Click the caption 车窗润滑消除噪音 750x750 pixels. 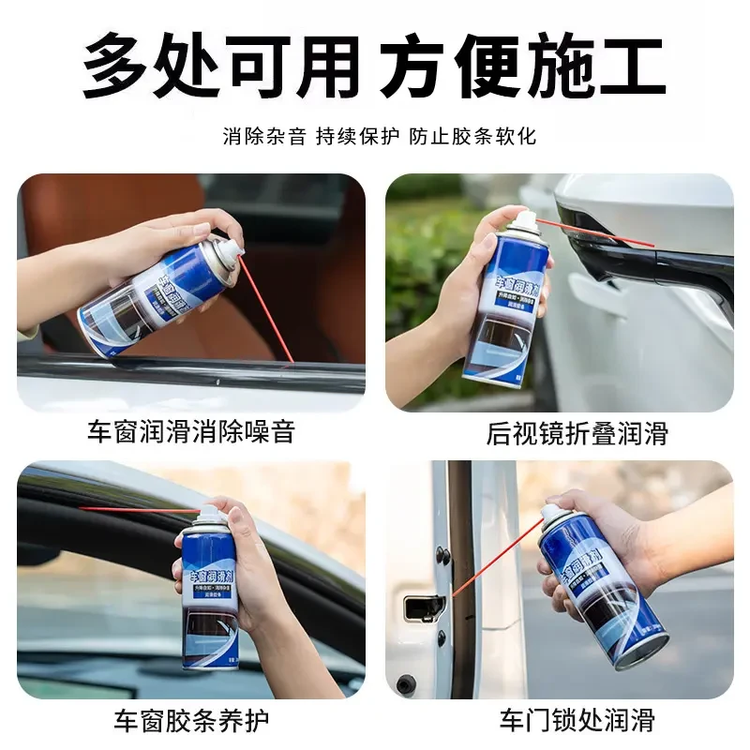[x=191, y=432]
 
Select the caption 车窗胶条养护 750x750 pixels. [x=191, y=720]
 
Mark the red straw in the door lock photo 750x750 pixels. [x=497, y=553]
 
